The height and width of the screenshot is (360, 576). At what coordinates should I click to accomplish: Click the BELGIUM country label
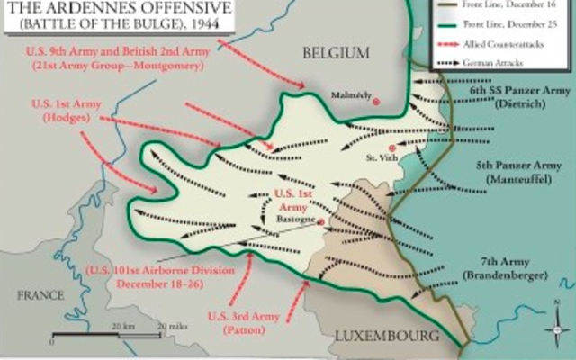point(337,55)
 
